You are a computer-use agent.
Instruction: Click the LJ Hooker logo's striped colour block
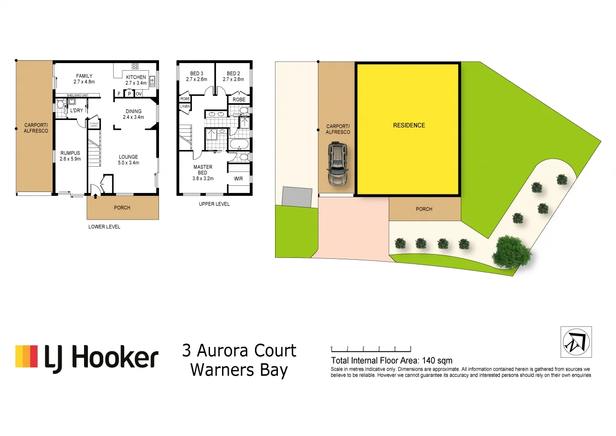tap(26, 356)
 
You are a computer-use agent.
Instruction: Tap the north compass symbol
tap(576, 342)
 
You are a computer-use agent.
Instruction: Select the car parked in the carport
tap(338, 165)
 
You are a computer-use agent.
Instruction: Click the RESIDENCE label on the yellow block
tap(409, 126)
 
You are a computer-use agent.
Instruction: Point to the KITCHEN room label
tap(136, 77)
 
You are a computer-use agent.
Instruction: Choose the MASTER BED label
tap(202, 170)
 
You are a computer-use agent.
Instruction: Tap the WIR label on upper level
tap(239, 179)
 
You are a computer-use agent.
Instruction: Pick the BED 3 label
tap(196, 74)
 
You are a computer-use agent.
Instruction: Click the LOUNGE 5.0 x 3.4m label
tap(128, 160)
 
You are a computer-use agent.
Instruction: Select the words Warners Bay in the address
tap(239, 370)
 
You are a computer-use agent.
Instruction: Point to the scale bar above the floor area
tap(371, 349)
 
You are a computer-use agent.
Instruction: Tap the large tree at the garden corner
tap(511, 251)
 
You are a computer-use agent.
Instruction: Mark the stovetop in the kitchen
tap(135, 66)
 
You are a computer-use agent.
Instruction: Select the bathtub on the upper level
tap(239, 144)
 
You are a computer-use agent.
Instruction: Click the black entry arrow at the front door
tap(96, 195)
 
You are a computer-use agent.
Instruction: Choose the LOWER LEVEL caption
tap(104, 227)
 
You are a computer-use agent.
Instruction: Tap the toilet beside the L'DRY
tap(61, 106)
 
